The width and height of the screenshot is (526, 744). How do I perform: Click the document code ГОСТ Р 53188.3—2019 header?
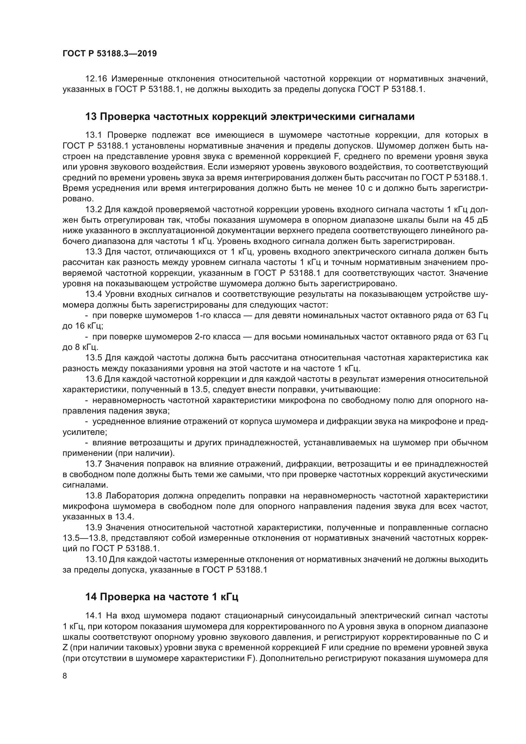coord(109,53)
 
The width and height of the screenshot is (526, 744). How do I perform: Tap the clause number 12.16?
coord(96,79)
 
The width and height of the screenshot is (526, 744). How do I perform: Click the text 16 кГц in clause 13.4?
coord(82,326)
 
